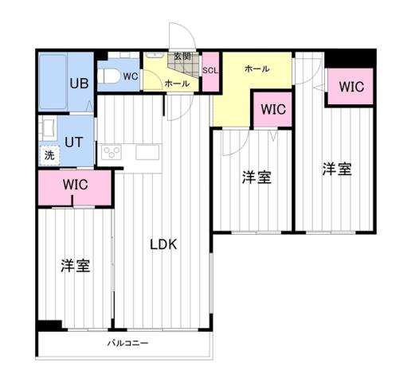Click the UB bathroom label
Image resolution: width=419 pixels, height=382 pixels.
coord(78,83)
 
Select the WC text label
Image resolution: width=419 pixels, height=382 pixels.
coord(131,76)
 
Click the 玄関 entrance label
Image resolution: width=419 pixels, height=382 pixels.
coord(182,57)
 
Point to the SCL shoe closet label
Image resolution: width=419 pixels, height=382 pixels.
coord(210,70)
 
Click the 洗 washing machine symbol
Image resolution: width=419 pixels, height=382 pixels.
coord(49,156)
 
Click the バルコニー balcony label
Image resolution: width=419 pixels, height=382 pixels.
coord(128,344)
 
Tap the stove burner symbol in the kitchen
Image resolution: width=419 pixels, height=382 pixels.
coord(110,151)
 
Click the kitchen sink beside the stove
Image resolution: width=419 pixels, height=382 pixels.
coord(148,151)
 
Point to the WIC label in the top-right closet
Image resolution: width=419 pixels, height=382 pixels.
coord(351,86)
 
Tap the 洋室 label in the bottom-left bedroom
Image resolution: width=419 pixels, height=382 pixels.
coord(76,266)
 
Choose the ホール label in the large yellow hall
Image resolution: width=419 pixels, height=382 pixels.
coord(256,68)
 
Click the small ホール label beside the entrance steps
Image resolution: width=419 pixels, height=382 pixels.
coord(177,84)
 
